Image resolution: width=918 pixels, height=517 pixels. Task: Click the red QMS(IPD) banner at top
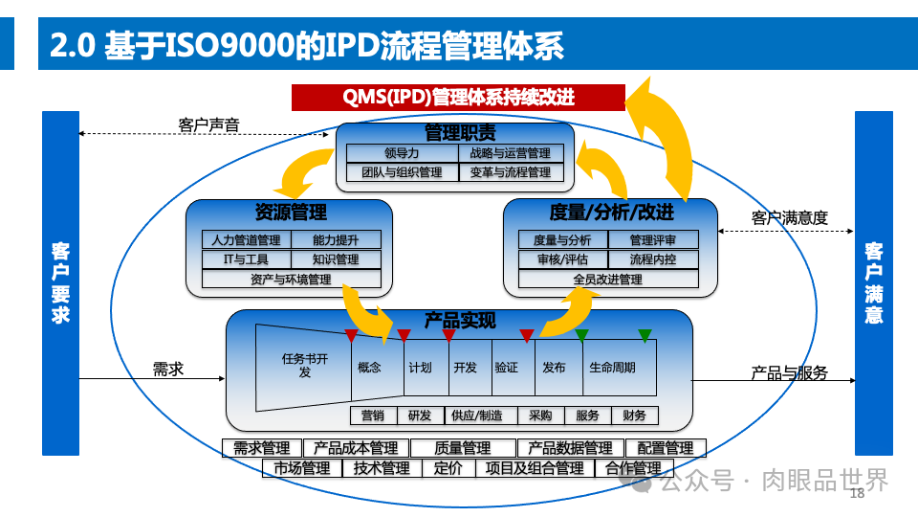[x=458, y=98]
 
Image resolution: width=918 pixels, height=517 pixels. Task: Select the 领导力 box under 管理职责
[x=402, y=153]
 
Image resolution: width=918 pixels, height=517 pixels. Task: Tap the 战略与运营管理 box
[x=511, y=153]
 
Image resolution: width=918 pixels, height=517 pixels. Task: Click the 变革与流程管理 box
[x=511, y=173]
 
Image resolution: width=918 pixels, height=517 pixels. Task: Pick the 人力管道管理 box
[x=246, y=240]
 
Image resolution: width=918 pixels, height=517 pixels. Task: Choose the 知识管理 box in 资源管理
[x=335, y=259]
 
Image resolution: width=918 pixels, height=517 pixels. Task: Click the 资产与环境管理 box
[x=291, y=280]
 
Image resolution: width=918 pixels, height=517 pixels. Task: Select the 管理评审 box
[x=652, y=240]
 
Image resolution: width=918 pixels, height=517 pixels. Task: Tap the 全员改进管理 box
[x=607, y=280]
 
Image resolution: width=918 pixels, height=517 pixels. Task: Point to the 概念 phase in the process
[x=369, y=368]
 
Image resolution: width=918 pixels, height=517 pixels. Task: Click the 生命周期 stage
[x=611, y=368]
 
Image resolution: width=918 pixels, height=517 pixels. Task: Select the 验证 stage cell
[x=507, y=368]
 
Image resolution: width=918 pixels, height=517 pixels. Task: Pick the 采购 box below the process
[x=540, y=416]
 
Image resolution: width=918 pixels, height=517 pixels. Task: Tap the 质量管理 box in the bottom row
[x=463, y=448]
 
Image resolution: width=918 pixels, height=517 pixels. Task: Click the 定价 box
[x=448, y=468]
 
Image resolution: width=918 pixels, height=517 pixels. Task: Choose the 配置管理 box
[x=666, y=448]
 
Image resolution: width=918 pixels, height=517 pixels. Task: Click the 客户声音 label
[x=208, y=124]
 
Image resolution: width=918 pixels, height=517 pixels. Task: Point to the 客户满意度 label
[x=789, y=218]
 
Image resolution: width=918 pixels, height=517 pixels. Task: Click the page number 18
[x=856, y=494]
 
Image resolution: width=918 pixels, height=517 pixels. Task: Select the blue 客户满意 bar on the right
[x=873, y=283]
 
